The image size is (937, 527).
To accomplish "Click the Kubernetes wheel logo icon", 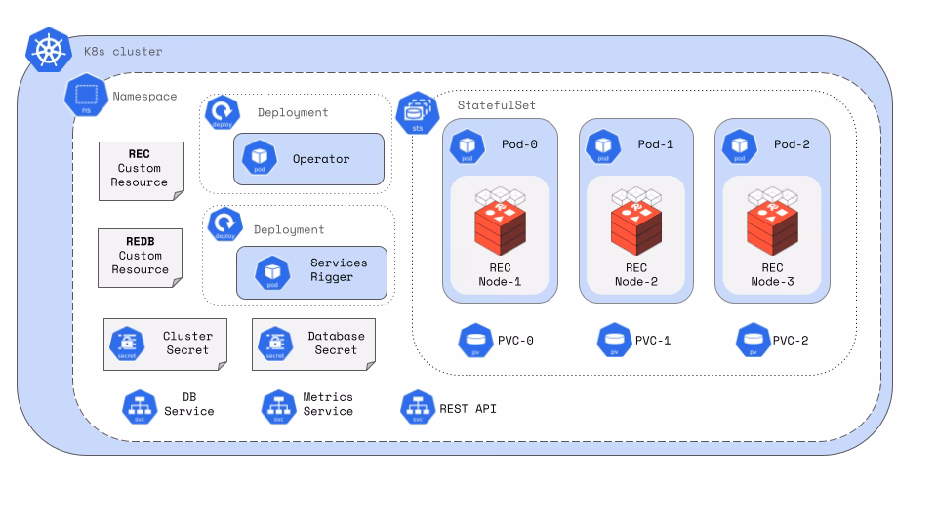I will [49, 50].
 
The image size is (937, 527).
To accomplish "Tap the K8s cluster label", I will [123, 51].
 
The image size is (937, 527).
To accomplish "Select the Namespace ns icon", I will [85, 97].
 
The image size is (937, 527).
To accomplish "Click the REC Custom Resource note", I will [141, 170].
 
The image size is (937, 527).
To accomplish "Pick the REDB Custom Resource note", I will [140, 257].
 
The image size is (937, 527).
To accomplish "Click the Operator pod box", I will [308, 159].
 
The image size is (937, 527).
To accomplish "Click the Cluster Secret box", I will [165, 344].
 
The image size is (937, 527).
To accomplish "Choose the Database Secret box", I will [313, 344].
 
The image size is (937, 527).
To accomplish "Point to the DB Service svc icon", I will [140, 406].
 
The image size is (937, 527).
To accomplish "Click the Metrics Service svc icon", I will [278, 406].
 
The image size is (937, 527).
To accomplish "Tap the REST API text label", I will [468, 408].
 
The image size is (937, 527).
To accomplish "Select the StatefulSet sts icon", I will [417, 113].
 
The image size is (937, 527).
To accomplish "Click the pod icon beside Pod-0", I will [468, 145].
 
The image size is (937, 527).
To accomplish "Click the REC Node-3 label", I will [772, 274].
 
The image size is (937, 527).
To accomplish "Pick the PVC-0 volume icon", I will [475, 341].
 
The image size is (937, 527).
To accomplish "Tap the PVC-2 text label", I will [790, 341].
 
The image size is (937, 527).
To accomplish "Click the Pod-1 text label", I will [655, 144].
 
